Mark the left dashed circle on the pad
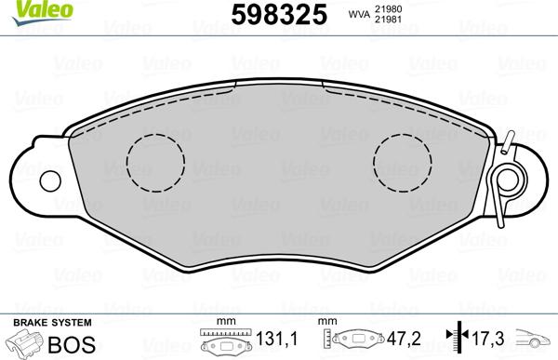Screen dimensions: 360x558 coord(156,158)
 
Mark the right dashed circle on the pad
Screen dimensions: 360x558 coord(404,158)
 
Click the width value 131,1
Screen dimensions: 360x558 coord(277,342)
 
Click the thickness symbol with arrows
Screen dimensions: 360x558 coord(456,341)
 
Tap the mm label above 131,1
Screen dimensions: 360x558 coord(224,322)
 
